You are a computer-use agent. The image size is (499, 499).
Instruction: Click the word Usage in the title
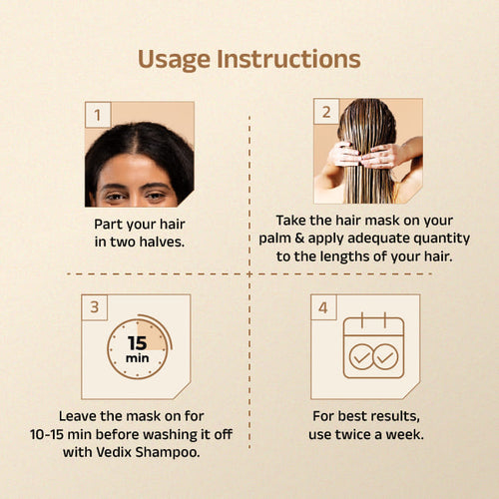click(x=174, y=60)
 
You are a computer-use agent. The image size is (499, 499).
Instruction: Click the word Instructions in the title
click(x=288, y=59)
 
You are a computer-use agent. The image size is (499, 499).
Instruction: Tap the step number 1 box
click(x=98, y=115)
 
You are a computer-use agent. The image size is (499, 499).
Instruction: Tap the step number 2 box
click(x=326, y=112)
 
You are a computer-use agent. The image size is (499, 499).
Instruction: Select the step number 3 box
click(x=95, y=307)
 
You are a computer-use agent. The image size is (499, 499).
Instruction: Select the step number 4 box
click(x=323, y=307)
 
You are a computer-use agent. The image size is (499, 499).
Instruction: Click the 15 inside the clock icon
click(x=137, y=343)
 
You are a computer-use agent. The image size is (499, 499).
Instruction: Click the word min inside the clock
click(x=137, y=358)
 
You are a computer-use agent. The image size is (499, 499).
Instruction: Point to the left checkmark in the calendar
click(x=361, y=357)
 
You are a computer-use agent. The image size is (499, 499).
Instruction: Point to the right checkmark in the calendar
click(x=385, y=357)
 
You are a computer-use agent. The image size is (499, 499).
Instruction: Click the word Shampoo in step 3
click(x=168, y=452)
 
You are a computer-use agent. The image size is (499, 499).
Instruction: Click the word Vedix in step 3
click(x=114, y=452)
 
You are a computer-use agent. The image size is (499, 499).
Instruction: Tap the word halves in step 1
click(x=162, y=242)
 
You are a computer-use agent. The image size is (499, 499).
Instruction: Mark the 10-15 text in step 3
click(x=47, y=434)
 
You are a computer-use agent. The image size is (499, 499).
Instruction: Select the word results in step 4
click(x=395, y=416)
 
